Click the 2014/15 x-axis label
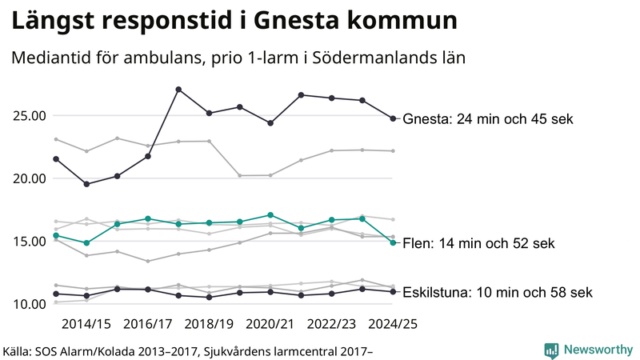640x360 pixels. pos(86,325)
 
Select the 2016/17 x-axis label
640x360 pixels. pos(148,325)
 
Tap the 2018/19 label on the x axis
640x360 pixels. pos(209,325)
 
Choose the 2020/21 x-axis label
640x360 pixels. pos(270,325)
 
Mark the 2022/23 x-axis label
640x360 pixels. pos(332,325)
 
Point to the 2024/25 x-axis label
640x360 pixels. pos(393,325)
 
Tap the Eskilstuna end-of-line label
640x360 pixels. pos(498,292)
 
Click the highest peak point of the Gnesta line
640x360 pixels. pos(178,89)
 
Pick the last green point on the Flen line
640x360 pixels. pos(393,243)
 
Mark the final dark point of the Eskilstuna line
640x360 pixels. pos(393,291)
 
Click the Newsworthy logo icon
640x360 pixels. pos(551,350)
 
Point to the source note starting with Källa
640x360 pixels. pos(189,350)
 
